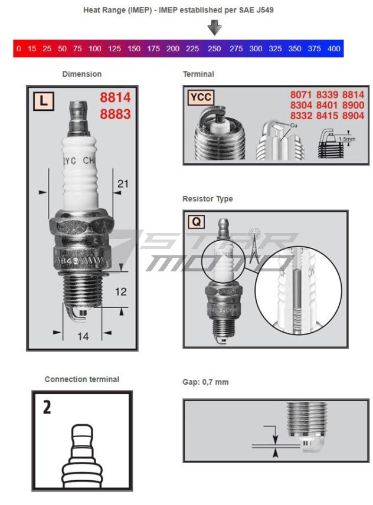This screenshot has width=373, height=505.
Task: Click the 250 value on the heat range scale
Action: pos(214,48)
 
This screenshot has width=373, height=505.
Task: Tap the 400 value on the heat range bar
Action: pos(333,48)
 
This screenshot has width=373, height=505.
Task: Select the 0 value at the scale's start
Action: pos(19,48)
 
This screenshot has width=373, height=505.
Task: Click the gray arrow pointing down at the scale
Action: pos(215,27)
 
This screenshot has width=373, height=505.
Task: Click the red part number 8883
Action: pos(115,114)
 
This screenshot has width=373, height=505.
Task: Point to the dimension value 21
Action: pos(122,184)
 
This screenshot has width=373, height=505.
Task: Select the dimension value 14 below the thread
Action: pos(83,336)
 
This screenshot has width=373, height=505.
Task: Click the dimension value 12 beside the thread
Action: pos(120,291)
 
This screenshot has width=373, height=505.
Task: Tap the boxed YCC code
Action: pos(201,97)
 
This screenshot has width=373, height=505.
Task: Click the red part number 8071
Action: pos(301,94)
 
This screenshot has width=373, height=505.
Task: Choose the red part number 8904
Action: pos(353,116)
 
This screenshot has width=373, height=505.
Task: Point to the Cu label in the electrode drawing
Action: pos(293,126)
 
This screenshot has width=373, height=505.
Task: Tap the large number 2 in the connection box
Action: pos(47,407)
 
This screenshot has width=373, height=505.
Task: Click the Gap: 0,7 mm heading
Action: pos(205,382)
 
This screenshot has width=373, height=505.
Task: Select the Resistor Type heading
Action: pos(207,199)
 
